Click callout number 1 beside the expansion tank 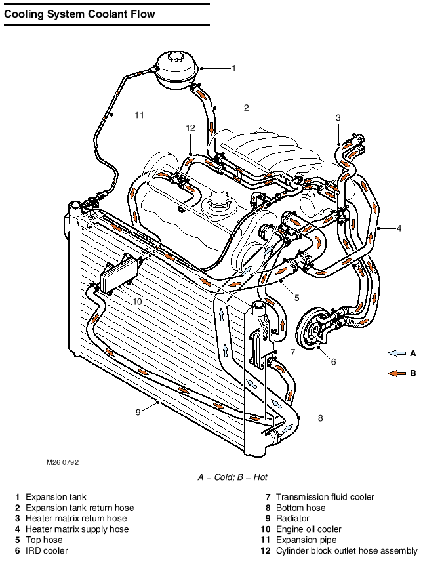[234, 68]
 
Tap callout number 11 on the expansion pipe [139, 115]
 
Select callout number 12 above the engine [191, 128]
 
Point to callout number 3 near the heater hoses [338, 117]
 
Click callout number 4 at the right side [399, 228]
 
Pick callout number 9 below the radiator [138, 413]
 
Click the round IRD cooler [313, 329]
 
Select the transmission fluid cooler [260, 346]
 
